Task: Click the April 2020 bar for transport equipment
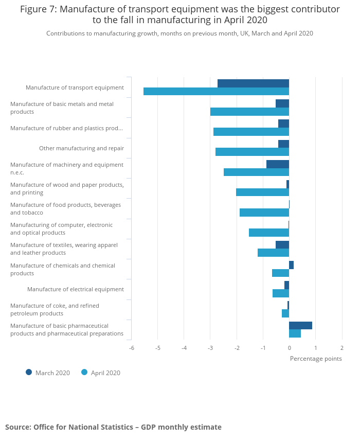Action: point(216,92)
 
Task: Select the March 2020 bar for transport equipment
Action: point(253,83)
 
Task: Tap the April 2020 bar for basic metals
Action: point(249,112)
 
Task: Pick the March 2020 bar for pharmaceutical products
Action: point(300,325)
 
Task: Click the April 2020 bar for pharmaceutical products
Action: point(295,333)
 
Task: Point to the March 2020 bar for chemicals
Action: point(291,265)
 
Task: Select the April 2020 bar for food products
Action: point(264,213)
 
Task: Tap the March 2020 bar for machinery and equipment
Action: point(278,164)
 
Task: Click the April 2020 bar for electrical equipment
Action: point(281,293)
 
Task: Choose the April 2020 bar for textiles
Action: point(273,253)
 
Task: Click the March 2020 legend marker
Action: point(29,372)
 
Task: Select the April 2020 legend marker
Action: point(84,372)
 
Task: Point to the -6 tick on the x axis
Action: point(132,348)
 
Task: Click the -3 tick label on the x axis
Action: point(210,348)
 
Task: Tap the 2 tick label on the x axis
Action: point(342,348)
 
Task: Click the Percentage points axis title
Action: point(316,359)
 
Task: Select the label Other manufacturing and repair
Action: point(81,148)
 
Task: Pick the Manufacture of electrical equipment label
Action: point(76,289)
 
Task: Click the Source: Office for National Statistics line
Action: point(113,427)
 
